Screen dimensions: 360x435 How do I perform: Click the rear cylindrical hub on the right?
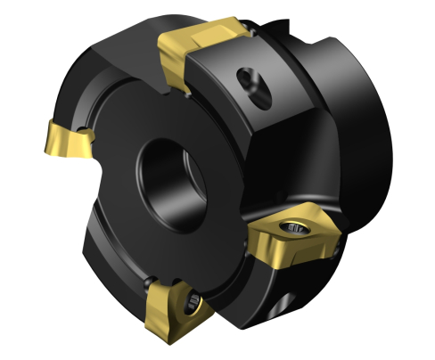pyautogui.click(x=357, y=116)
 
